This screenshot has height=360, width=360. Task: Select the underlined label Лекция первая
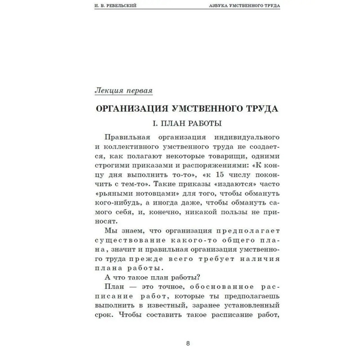124,90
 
